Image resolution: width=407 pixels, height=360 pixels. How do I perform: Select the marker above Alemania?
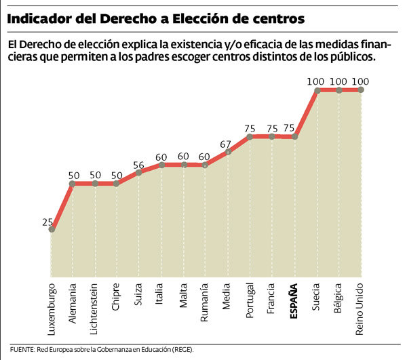click(x=73, y=183)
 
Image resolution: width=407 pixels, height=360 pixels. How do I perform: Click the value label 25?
click(x=47, y=222)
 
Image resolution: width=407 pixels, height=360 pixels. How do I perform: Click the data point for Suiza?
click(x=139, y=173)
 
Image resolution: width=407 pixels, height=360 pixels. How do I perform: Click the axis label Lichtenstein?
click(x=95, y=310)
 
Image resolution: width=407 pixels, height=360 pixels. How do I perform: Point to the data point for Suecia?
click(x=316, y=89)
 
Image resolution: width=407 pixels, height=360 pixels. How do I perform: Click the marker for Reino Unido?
click(x=360, y=89)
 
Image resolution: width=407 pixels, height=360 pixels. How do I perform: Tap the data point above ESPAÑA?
click(x=294, y=137)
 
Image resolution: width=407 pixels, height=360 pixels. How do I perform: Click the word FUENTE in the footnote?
click(x=24, y=349)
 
